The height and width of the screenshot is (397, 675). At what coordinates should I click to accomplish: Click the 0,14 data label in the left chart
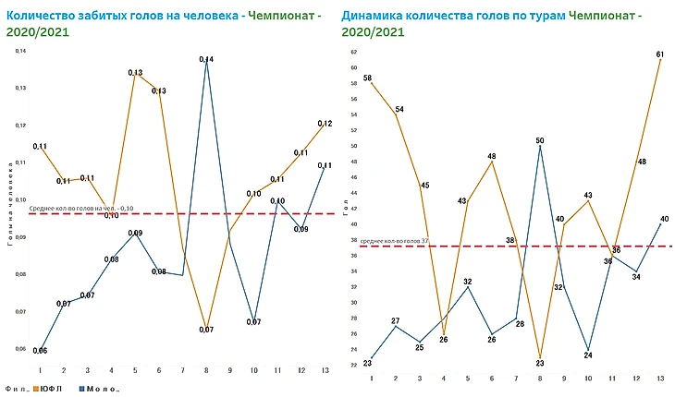click(x=207, y=59)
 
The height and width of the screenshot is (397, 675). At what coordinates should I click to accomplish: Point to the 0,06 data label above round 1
click(x=40, y=351)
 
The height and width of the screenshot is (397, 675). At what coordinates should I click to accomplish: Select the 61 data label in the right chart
click(x=659, y=54)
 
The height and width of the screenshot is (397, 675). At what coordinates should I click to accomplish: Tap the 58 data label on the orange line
click(x=368, y=78)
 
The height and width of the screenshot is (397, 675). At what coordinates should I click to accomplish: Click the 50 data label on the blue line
click(x=540, y=140)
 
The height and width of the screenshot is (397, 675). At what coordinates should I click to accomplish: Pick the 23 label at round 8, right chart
click(x=540, y=363)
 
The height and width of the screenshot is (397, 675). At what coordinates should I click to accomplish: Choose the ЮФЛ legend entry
click(x=49, y=389)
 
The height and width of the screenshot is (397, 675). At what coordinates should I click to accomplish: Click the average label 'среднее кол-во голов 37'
click(x=395, y=241)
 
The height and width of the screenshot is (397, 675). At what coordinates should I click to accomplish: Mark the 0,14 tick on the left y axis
click(x=22, y=51)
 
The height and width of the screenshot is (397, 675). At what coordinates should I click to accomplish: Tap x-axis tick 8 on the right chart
click(x=540, y=378)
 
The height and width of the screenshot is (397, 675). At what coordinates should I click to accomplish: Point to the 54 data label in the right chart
click(x=399, y=110)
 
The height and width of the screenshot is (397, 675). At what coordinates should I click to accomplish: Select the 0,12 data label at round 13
click(x=325, y=124)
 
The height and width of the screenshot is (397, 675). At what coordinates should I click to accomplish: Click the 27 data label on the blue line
click(x=395, y=321)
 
